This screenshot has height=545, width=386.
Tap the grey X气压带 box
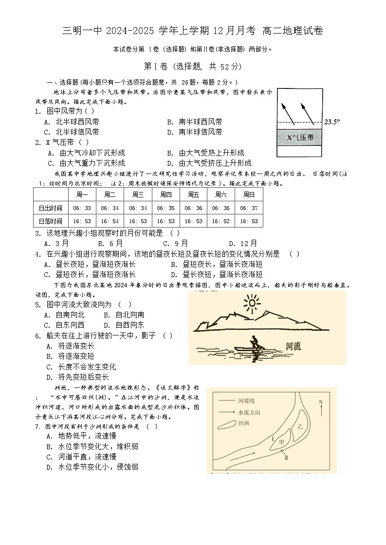pyautogui.click(x=300, y=138)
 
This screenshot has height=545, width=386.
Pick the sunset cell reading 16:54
pyautogui.click(x=110, y=221)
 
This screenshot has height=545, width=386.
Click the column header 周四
pyautogui.click(x=165, y=194)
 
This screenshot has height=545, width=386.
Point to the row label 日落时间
pyautogui.click(x=51, y=221)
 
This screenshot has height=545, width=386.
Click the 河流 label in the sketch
pyautogui.click(x=293, y=346)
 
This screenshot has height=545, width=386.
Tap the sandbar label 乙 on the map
pyautogui.click(x=300, y=426)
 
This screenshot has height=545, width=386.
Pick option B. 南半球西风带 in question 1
pyautogui.click(x=194, y=122)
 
